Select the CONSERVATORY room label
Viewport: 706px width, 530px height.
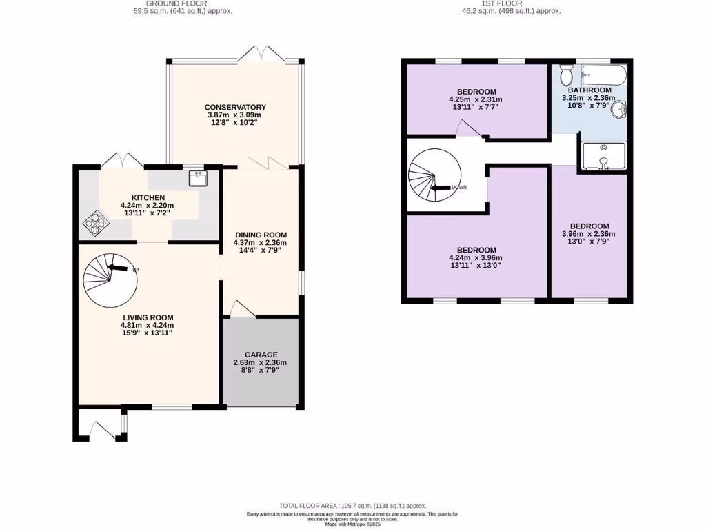coord(235,107)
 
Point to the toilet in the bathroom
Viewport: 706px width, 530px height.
coord(567,73)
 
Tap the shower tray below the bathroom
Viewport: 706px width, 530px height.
coord(603,156)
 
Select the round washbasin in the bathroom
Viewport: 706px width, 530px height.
coord(621,109)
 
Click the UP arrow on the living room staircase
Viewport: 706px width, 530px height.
coord(119,268)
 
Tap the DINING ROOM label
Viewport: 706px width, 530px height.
coord(260,235)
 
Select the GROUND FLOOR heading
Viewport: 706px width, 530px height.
coord(183,3)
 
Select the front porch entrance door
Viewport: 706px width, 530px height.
coord(101,432)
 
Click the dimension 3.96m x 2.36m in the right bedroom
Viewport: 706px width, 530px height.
coord(589,234)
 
